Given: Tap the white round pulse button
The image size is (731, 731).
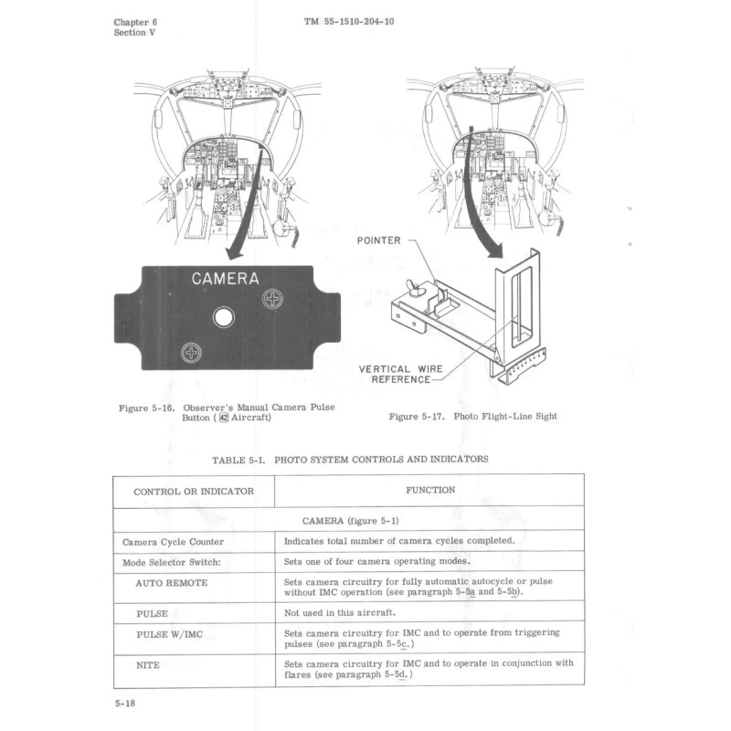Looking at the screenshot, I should (222, 317).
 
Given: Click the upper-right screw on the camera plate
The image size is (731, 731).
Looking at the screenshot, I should (273, 299).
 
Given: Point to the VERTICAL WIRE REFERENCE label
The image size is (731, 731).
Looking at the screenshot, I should (400, 375).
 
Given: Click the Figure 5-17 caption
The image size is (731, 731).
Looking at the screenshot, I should (472, 417).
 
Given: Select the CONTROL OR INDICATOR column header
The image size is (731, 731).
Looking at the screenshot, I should (193, 491).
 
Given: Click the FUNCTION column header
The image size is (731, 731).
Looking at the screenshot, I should (429, 490).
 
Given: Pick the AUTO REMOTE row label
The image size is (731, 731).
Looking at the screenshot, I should (172, 582).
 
